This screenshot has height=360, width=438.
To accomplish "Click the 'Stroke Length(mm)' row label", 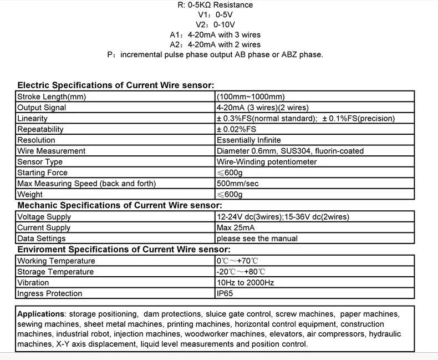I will point(52,97).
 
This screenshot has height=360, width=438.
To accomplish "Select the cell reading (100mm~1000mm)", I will point(251,97).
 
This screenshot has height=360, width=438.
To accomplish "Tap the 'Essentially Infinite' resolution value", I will point(248,140).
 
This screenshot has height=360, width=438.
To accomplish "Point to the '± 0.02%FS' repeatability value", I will point(236,129).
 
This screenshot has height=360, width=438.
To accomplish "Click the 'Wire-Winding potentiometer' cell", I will point(267,162).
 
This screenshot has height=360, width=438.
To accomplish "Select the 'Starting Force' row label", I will point(42,173).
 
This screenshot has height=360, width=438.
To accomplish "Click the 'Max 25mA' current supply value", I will point(236,227).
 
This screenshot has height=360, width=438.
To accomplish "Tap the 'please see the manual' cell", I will point(257,239).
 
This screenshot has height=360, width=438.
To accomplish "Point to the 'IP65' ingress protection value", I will point(224,293).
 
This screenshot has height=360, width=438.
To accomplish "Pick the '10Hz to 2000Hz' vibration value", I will point(245,282).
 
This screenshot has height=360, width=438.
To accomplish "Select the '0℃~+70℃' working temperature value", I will point(238,261).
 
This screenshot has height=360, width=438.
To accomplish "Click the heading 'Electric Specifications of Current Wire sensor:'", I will point(115,85).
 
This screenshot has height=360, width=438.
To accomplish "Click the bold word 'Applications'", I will point(41,314).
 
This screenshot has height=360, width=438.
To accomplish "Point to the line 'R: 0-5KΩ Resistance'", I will point(215,5).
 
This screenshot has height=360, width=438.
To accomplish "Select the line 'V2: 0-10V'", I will point(216,25).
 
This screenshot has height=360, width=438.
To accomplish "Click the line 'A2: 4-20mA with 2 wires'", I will point(215,44).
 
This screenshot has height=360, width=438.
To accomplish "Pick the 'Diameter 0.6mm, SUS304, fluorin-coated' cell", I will point(290,151).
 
